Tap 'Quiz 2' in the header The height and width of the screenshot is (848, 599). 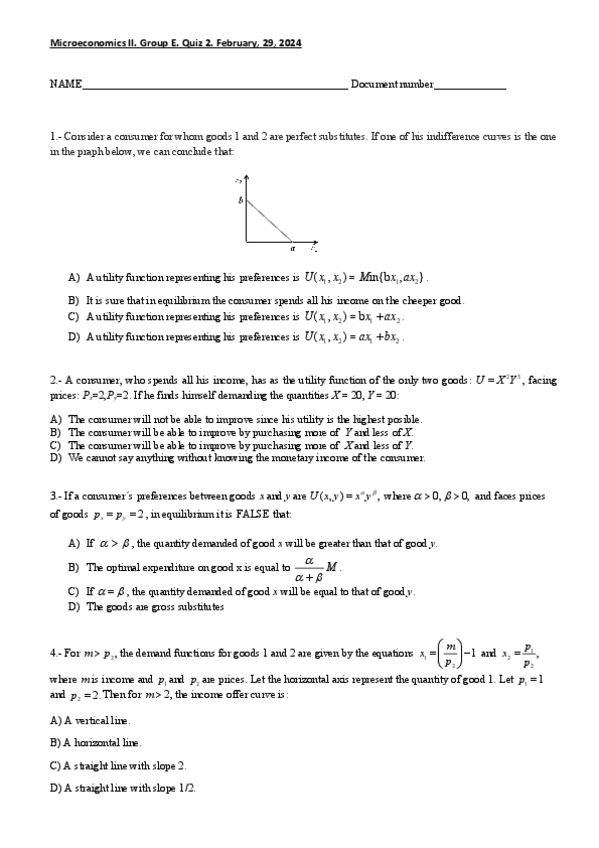pyautogui.click(x=194, y=44)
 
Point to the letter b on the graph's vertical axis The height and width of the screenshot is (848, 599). pyautogui.click(x=240, y=200)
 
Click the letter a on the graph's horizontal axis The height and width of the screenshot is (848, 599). pyautogui.click(x=292, y=249)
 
